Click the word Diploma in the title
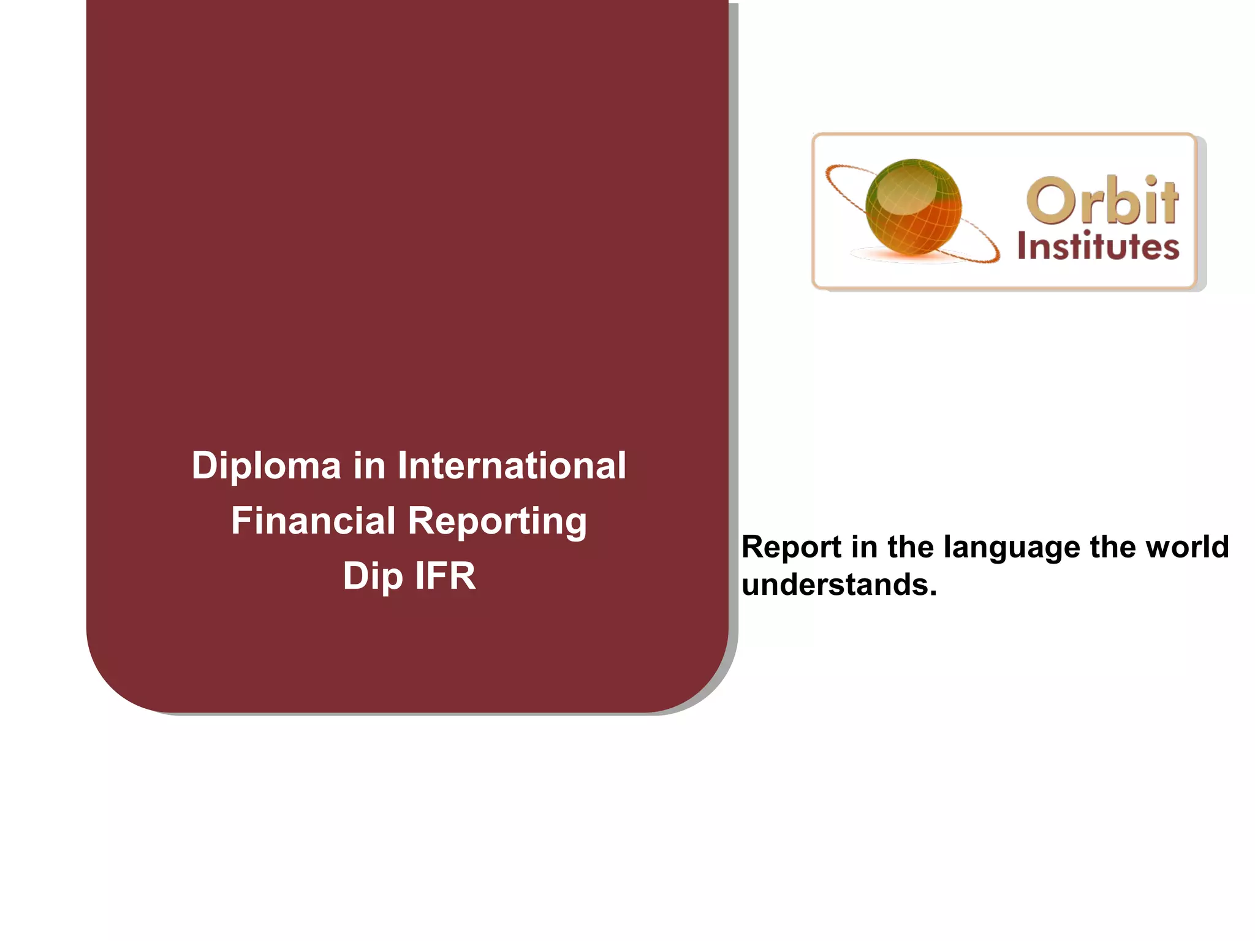(x=266, y=466)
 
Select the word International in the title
(x=512, y=465)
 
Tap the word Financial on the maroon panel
(x=313, y=521)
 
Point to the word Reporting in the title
(x=497, y=522)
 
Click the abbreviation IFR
(x=445, y=576)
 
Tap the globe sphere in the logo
(x=913, y=206)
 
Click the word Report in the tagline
(x=791, y=546)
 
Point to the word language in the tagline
(x=1012, y=548)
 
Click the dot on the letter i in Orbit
(x=1150, y=180)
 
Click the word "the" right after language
(x=1113, y=546)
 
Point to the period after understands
(x=933, y=594)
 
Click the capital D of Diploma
(x=204, y=465)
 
